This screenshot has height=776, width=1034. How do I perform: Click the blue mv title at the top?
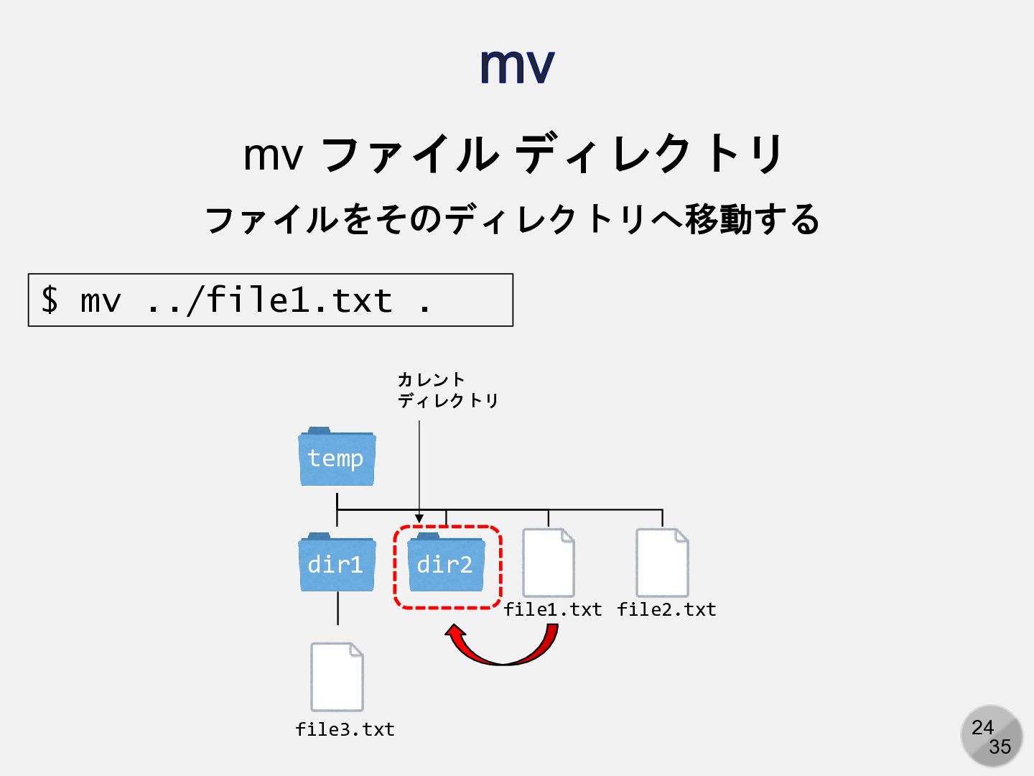click(517, 65)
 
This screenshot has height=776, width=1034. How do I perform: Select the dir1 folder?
click(336, 563)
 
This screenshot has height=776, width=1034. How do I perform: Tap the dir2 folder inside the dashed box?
click(445, 565)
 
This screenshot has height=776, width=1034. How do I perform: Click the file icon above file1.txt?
click(548, 563)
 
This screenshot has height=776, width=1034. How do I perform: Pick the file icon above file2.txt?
click(662, 563)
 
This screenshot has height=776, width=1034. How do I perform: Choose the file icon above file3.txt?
click(337, 677)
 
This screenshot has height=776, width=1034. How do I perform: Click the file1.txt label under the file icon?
click(552, 610)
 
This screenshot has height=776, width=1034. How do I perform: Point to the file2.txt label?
click(666, 610)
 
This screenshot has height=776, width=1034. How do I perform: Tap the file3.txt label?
click(345, 730)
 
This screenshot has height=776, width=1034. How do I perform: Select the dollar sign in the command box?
click(50, 300)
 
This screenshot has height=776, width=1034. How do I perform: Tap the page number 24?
click(982, 727)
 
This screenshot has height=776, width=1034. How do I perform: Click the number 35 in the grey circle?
click(1000, 747)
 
